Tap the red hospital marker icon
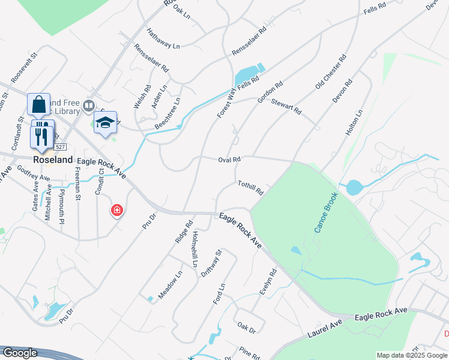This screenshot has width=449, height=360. [116, 211]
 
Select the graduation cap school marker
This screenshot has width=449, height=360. [105, 122]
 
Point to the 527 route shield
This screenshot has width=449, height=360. [59, 147]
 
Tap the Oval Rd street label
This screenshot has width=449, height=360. [229, 160]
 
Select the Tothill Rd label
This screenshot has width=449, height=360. [250, 188]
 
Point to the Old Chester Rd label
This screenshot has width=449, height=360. [331, 73]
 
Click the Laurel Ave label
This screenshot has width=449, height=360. [325, 325]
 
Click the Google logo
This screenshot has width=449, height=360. [19, 353]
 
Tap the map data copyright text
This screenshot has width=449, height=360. [412, 355]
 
